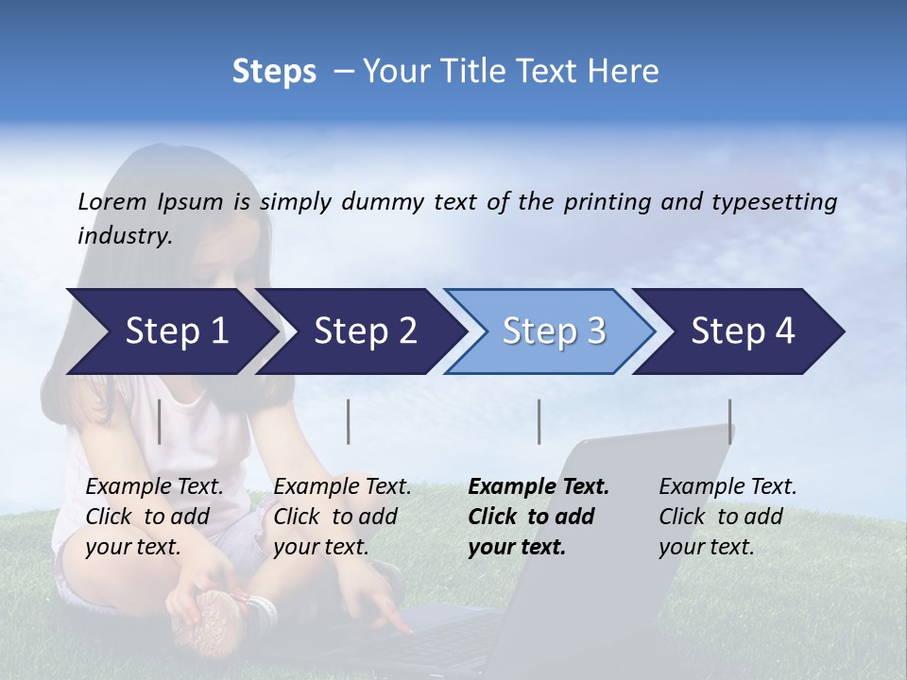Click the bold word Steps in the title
[274, 72]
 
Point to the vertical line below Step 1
[160, 421]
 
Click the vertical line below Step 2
[349, 421]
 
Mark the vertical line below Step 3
[539, 421]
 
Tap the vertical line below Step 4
[729, 421]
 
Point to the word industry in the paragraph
[124, 236]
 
